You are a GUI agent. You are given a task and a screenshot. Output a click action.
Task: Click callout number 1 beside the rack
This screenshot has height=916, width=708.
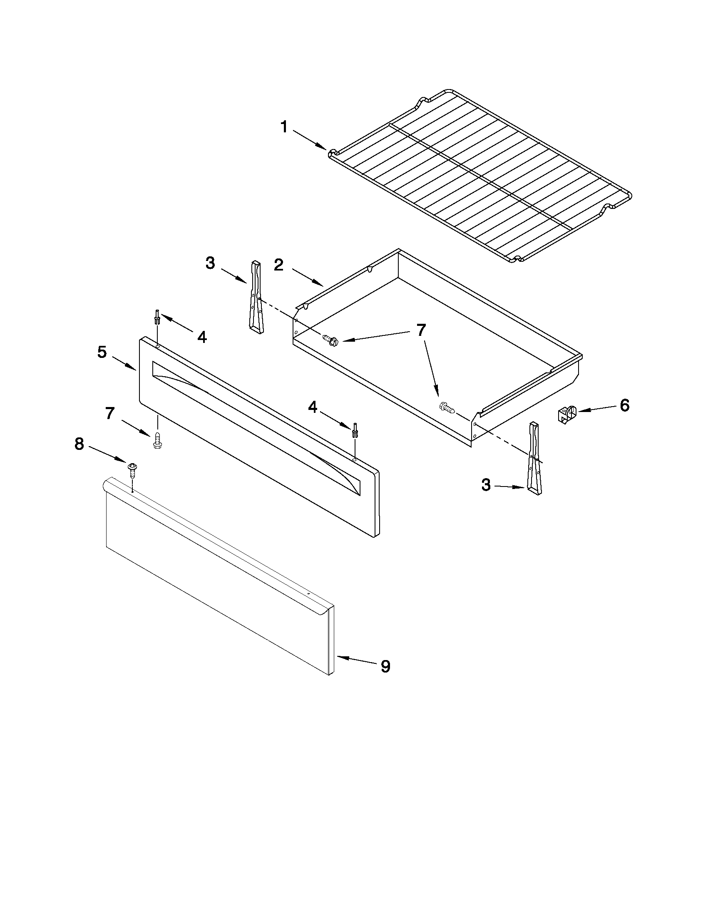tap(284, 126)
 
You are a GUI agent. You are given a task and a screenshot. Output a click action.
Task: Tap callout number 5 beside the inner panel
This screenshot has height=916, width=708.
tap(102, 352)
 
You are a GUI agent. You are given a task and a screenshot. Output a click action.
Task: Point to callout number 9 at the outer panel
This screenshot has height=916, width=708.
tap(385, 666)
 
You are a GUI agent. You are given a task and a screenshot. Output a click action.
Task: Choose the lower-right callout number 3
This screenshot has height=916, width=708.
tap(486, 485)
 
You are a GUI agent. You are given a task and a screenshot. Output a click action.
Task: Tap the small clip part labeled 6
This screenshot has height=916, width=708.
tap(566, 414)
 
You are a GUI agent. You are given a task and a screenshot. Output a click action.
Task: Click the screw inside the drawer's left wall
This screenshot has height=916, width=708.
tap(330, 339)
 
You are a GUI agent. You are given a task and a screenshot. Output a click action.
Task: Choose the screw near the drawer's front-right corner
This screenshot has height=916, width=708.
tap(446, 407)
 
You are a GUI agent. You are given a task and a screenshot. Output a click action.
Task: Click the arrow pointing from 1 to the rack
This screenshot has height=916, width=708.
tap(310, 140)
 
